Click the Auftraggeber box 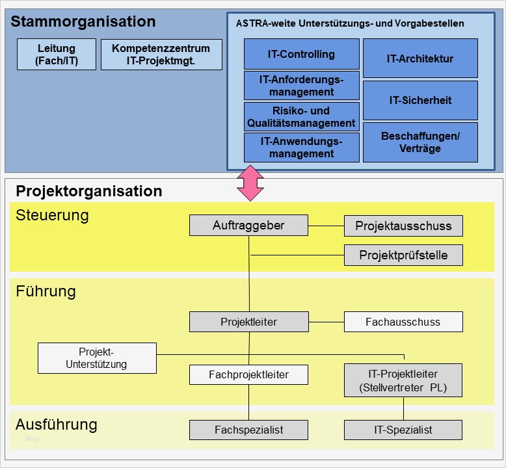248,226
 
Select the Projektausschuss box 403,226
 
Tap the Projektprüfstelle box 403,255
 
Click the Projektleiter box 248,322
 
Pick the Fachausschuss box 403,322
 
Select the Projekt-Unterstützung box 97,358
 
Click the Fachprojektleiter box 248,374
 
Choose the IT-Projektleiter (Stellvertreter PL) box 403,381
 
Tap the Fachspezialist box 248,430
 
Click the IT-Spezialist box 403,430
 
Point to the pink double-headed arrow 250,183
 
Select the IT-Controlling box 301,54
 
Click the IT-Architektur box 420,58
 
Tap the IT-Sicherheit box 420,100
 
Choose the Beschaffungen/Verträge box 420,142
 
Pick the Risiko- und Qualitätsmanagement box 301,117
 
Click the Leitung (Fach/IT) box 57,55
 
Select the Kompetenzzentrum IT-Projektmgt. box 161,55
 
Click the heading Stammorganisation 83,21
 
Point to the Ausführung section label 57,424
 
